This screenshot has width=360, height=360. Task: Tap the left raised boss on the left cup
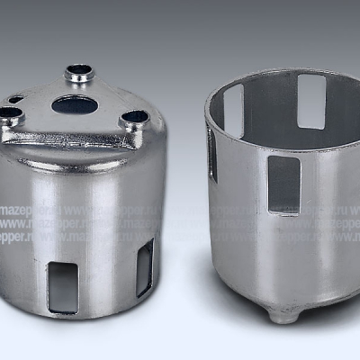point(10,113)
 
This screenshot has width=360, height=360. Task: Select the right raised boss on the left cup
point(134,117)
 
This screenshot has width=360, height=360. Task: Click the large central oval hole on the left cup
point(75,104)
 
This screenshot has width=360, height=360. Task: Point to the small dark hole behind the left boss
point(16,99)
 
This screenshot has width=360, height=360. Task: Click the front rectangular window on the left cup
point(63,287)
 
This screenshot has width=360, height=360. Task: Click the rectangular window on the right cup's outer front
point(283,184)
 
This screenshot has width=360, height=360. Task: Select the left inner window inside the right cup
point(234,110)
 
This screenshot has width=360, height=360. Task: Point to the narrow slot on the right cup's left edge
point(212,153)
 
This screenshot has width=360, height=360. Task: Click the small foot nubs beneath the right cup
point(283,315)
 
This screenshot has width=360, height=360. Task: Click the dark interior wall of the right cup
point(270,108)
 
